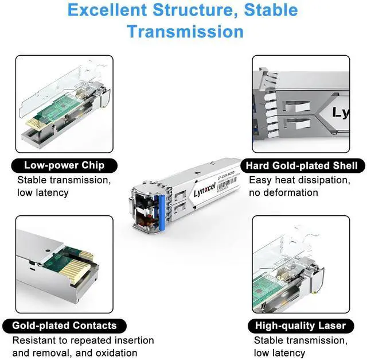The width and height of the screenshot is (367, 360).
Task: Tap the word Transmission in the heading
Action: click(x=185, y=30)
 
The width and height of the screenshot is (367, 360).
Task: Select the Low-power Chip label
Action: click(x=64, y=165)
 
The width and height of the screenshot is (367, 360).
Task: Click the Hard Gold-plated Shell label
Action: click(x=302, y=166)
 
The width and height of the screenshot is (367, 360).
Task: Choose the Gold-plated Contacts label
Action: click(x=64, y=326)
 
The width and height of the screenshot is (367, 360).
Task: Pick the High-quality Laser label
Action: click(x=301, y=326)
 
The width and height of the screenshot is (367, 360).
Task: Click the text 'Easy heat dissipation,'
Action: click(x=299, y=180)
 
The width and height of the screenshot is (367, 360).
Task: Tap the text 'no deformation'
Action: click(x=283, y=192)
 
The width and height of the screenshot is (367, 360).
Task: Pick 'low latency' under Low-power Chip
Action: click(x=43, y=192)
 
